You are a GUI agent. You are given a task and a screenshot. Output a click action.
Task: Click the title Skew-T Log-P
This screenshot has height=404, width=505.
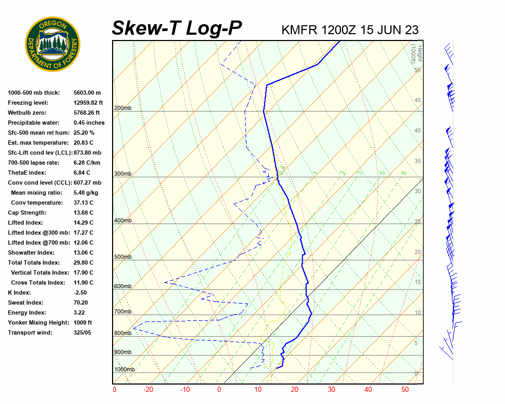pyautogui.click(x=177, y=28)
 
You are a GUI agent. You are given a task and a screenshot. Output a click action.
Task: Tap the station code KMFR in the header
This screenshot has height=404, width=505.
pyautogui.click(x=299, y=29)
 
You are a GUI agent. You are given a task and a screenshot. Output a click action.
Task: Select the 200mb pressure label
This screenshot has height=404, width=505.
pyautogui.click(x=123, y=108)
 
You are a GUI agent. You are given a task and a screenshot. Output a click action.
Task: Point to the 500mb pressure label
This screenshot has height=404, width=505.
pyautogui.click(x=123, y=257)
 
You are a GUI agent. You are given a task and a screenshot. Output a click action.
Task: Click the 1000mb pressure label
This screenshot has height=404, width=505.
pyautogui.click(x=124, y=369)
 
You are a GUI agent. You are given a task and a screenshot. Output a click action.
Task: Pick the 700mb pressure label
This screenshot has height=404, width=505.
pyautogui.click(x=123, y=312)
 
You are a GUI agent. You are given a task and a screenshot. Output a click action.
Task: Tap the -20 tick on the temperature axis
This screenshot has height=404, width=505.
pyautogui.click(x=148, y=390)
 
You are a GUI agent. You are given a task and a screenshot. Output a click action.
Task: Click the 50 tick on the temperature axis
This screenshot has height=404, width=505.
pyautogui.click(x=405, y=390)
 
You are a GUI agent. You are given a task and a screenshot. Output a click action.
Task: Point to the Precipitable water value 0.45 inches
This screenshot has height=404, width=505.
pyautogui.click(x=89, y=123)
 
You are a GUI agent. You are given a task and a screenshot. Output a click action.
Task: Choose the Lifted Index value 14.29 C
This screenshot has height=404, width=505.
pyautogui.click(x=83, y=223)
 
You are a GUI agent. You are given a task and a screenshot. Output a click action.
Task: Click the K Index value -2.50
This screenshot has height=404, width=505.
pyautogui.click(x=81, y=292)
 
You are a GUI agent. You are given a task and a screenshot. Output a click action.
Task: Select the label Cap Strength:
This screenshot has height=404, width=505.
pyautogui.click(x=27, y=213)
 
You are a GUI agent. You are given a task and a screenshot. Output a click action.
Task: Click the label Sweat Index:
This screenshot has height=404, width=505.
pyautogui.click(x=25, y=302)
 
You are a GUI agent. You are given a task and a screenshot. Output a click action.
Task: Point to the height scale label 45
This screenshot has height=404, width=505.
pyautogui.click(x=418, y=100)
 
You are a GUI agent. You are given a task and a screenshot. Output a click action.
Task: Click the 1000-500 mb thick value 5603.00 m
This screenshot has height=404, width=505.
pyautogui.click(x=87, y=93)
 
